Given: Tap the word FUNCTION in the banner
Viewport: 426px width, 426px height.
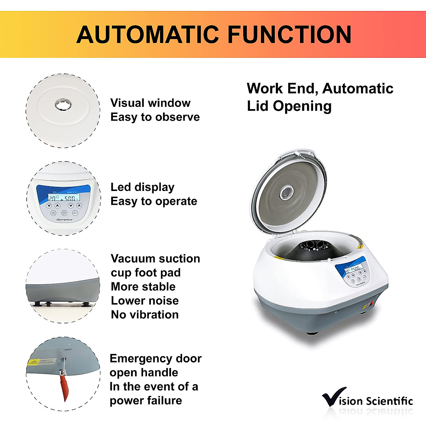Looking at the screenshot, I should coord(289,34).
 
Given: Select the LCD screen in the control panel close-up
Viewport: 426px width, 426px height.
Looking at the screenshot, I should coord(64,198).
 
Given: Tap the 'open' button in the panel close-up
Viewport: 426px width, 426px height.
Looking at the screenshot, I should coord(75,213).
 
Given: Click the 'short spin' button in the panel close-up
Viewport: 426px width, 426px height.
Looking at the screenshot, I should coord(64,213).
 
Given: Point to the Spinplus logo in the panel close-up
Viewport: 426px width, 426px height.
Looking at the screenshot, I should coord(64,220).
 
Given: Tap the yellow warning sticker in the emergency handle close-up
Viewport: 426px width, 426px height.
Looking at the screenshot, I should coord(34,362).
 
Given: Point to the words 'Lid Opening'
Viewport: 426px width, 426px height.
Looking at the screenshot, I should coord(289,106).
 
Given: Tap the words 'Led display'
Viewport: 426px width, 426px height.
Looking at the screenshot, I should coord(142,187).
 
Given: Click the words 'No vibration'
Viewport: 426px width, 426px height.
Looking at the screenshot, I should coord(144,315).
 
